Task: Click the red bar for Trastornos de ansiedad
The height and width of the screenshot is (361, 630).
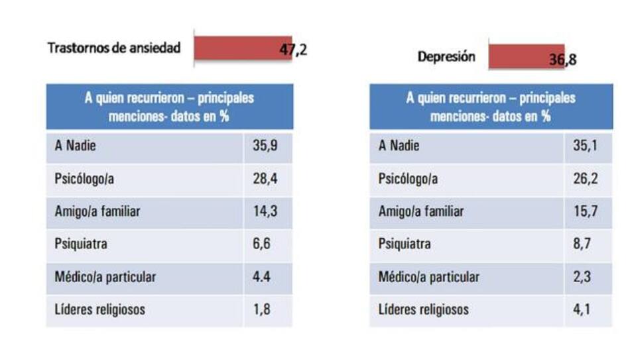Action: [242, 49]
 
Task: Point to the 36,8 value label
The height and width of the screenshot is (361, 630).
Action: [563, 60]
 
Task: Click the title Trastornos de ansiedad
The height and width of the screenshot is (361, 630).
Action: [113, 48]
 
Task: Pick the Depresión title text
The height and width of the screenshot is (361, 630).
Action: [446, 57]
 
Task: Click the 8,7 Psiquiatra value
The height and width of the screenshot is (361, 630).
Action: [582, 244]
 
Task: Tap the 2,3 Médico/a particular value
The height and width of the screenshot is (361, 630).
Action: [582, 277]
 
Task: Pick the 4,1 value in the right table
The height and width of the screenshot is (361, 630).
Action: [582, 309]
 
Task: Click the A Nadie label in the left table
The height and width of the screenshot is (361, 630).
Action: [75, 146]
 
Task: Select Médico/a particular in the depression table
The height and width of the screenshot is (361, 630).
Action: [428, 277]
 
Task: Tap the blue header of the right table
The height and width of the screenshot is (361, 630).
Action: [491, 107]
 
